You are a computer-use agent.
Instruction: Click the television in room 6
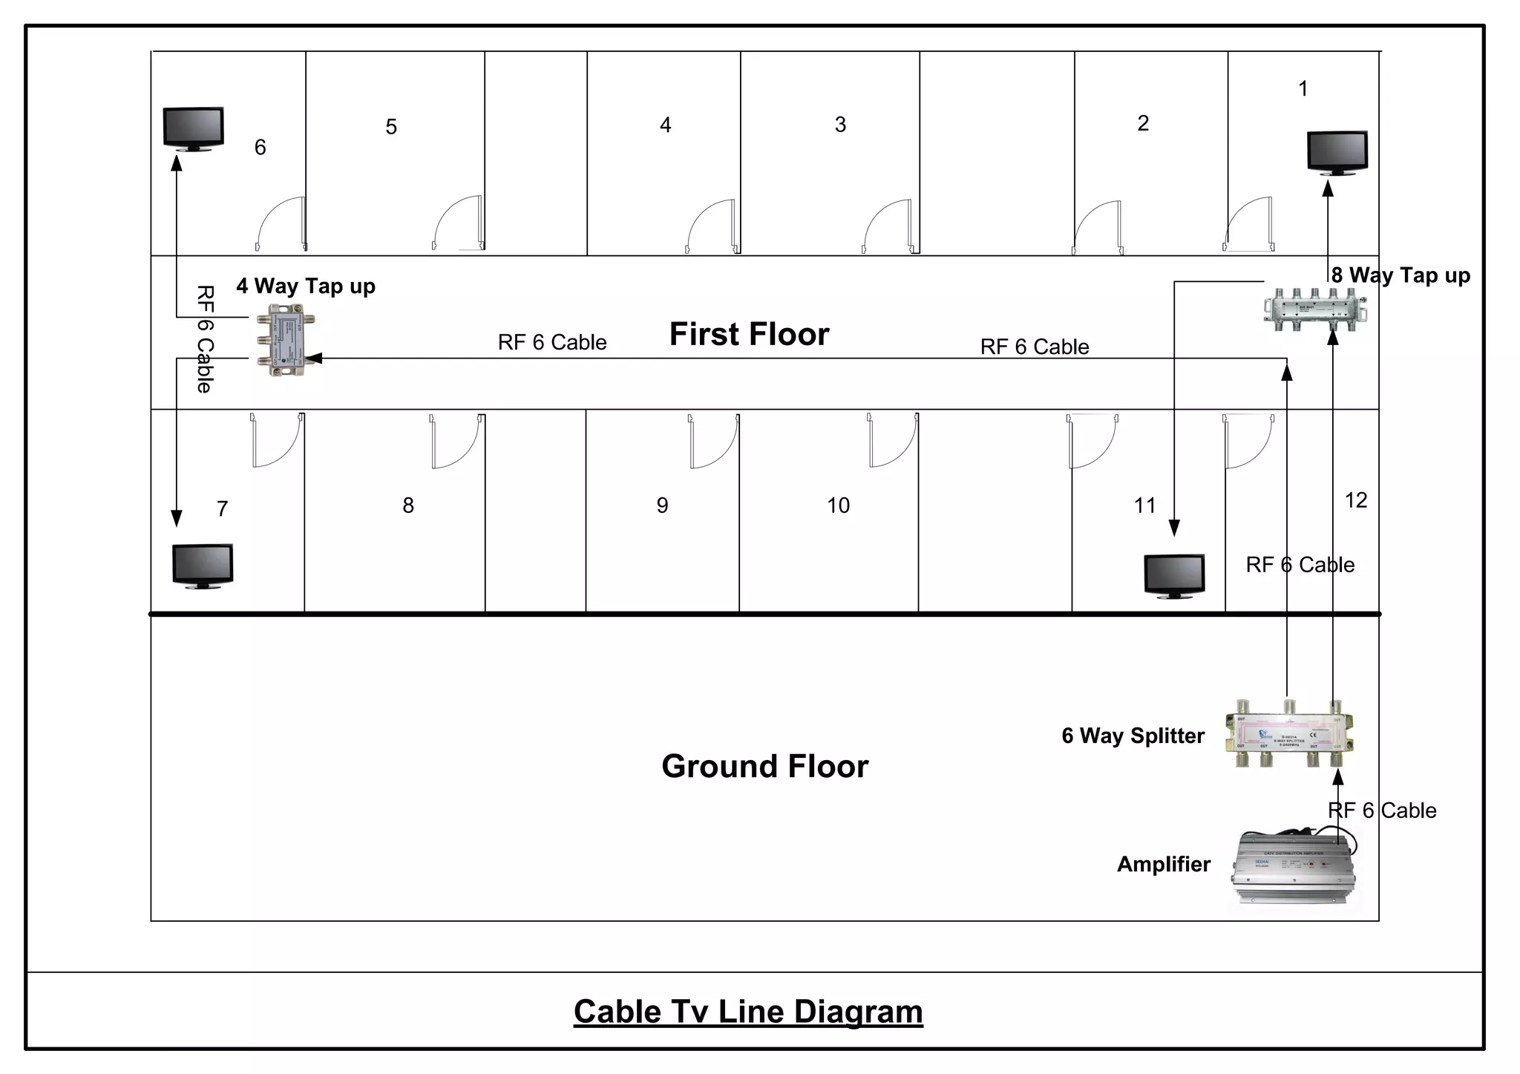coord(194,129)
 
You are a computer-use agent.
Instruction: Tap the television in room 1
coord(1337,153)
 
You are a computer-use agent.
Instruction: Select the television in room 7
coord(203,566)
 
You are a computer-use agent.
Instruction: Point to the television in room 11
coord(1174,576)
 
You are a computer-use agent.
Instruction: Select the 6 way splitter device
coord(1289,733)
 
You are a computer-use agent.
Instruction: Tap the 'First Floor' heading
coord(749,334)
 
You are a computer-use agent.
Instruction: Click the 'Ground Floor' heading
coord(764,766)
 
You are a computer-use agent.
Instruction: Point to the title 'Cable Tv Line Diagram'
coord(748,1012)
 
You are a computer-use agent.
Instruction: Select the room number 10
coord(838,505)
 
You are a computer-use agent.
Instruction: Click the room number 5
coord(391,127)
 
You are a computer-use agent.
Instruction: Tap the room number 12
coord(1355,500)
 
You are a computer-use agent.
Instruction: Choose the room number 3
coord(840,125)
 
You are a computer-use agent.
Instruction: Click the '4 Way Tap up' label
coord(306,286)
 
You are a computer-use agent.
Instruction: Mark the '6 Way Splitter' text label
coord(1133,736)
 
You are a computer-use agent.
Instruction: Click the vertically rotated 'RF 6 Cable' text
coord(205,338)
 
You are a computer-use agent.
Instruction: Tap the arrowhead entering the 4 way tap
coord(312,358)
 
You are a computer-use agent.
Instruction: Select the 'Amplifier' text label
coord(1163,864)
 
